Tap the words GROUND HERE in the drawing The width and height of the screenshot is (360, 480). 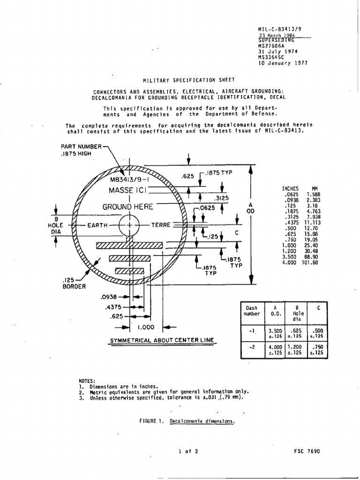click(x=128, y=207)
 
